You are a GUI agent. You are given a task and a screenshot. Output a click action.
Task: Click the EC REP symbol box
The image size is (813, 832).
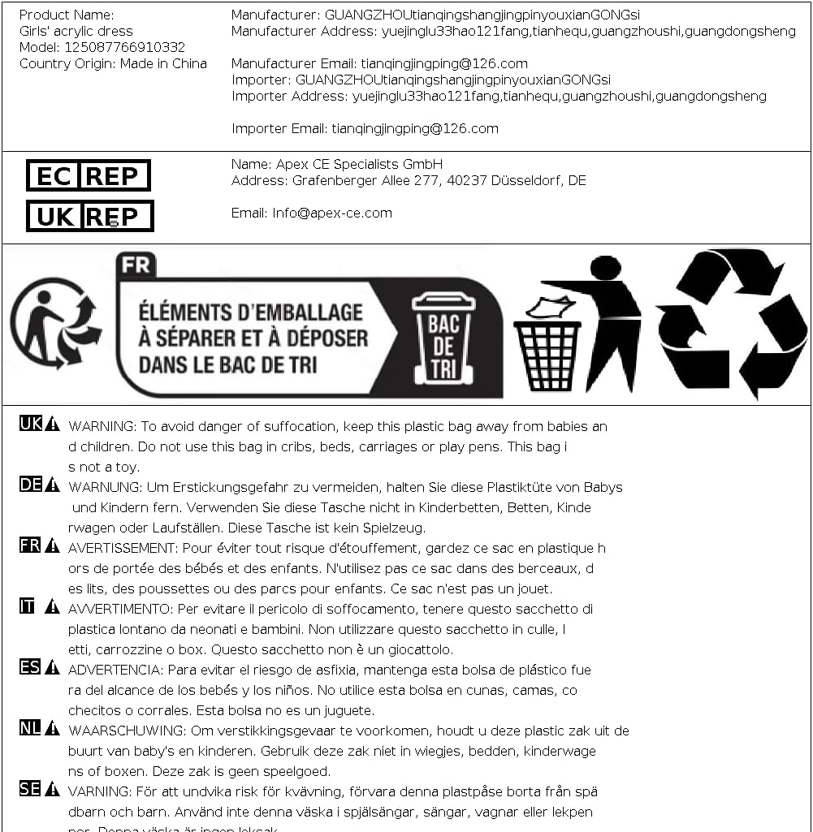[x=89, y=175]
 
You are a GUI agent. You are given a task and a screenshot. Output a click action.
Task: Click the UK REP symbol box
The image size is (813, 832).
[x=89, y=216]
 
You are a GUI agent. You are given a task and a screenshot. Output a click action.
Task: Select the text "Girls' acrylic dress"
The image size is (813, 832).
[x=76, y=31]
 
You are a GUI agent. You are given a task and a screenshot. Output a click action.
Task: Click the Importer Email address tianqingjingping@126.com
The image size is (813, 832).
[x=415, y=128]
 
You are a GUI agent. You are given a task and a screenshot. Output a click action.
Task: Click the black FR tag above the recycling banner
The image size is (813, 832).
[x=136, y=265]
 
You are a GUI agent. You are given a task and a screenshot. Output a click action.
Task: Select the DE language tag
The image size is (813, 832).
[x=30, y=485]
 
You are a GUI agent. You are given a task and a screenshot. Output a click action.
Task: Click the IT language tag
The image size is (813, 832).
[x=28, y=606]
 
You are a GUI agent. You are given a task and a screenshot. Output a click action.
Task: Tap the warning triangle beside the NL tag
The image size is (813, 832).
[x=52, y=728]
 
